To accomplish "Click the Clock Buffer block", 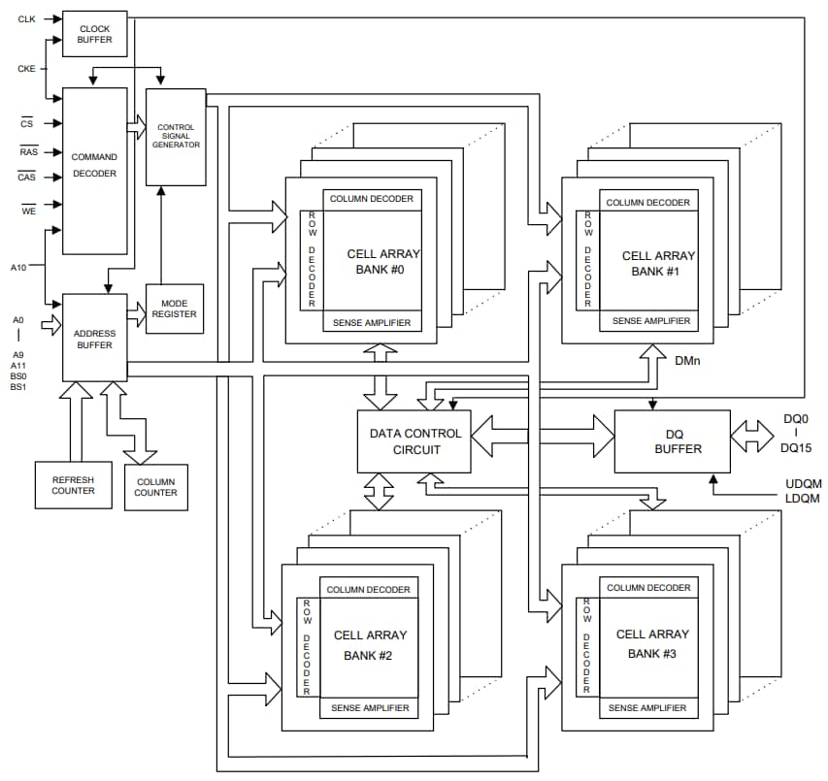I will (94, 34).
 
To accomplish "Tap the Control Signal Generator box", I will (176, 137).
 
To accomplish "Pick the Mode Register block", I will (175, 309).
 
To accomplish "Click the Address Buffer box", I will (94, 338).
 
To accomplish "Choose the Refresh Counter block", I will (73, 484).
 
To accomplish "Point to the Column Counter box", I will (155, 486).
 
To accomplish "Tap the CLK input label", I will (26, 19).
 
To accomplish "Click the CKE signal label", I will (26, 69).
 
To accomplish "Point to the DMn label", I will (688, 360).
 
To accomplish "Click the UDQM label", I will (802, 483).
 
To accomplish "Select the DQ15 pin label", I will (796, 449).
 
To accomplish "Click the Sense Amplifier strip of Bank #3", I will (647, 708).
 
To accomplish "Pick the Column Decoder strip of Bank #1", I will (647, 202).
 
